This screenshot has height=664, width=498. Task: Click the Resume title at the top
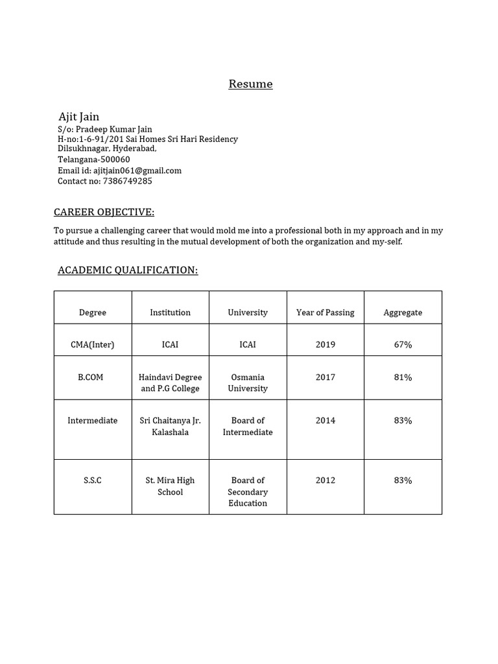pyautogui.click(x=250, y=84)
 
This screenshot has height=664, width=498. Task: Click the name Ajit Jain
pyautogui.click(x=79, y=117)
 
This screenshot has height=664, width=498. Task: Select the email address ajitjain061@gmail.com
pyautogui.click(x=137, y=171)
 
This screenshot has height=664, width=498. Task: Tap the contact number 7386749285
pyautogui.click(x=127, y=181)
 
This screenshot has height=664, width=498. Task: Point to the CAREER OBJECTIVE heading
pyautogui.click(x=104, y=213)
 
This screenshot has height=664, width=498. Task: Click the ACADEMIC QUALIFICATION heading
pyautogui.click(x=128, y=270)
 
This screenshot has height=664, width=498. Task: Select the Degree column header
pyautogui.click(x=93, y=313)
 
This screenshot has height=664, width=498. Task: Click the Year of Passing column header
pyautogui.click(x=326, y=313)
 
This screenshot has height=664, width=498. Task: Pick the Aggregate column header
pyautogui.click(x=403, y=313)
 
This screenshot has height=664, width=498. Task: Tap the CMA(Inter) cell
pyautogui.click(x=93, y=344)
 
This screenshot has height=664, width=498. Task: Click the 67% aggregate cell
pyautogui.click(x=403, y=344)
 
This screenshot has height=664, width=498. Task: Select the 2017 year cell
pyautogui.click(x=326, y=377)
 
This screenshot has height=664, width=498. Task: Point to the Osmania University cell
pyautogui.click(x=248, y=383)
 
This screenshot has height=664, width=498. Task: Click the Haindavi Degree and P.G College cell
pyautogui.click(x=171, y=383)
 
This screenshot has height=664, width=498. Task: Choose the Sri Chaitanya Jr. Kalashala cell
pyautogui.click(x=171, y=426)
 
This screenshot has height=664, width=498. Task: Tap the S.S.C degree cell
pyautogui.click(x=93, y=480)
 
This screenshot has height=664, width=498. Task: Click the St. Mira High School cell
pyautogui.click(x=171, y=486)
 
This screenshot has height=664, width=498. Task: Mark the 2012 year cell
pyautogui.click(x=326, y=480)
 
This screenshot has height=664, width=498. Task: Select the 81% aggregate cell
pyautogui.click(x=403, y=377)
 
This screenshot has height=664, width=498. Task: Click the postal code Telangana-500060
pyautogui.click(x=94, y=160)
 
